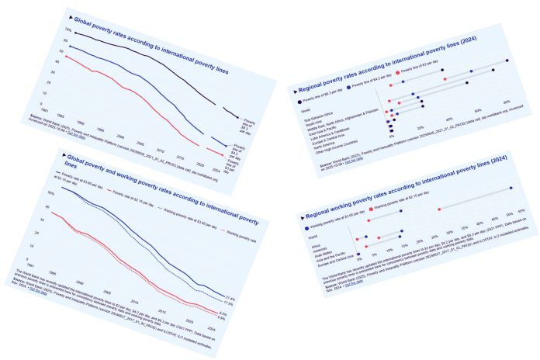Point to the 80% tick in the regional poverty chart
tap(506, 102)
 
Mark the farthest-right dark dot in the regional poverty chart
tap(507, 61)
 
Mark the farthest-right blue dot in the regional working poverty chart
tap(511, 189)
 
